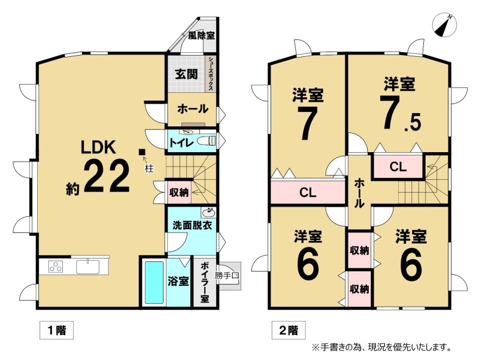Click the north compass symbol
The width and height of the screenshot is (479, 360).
pos(444,25)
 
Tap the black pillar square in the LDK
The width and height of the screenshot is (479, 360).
pos(142,152)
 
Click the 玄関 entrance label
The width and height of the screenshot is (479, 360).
pos(186,74)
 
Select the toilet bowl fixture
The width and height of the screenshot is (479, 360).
pos(207,141)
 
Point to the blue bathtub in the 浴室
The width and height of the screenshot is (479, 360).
pos(154,282)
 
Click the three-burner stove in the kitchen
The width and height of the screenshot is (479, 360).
pos(56,267)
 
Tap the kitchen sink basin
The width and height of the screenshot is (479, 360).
pos(88,267)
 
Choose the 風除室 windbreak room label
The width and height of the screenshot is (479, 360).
pos(201,35)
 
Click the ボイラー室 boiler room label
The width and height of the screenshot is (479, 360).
pos(205,282)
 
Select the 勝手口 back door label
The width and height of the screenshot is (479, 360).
pos(227,276)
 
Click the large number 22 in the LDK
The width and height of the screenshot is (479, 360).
pos(107,176)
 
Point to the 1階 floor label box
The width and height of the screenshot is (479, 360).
pos(56,330)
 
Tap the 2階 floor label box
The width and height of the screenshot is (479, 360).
pos(289,330)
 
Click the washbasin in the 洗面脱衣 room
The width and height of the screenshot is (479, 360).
pos(209,211)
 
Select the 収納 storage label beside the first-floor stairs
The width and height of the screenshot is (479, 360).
pos(179,192)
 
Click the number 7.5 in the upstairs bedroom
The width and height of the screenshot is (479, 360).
pos(401,113)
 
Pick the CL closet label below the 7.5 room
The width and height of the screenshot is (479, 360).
pos(398,167)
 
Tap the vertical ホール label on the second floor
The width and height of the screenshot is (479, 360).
pos(359,193)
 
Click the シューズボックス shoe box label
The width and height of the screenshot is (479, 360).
pos(211,74)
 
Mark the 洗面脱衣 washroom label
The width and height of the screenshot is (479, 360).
pos(192,226)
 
